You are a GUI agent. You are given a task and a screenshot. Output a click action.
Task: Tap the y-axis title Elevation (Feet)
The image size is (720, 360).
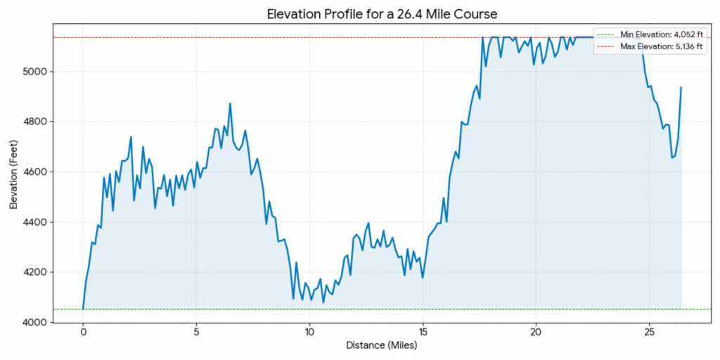point(14,172)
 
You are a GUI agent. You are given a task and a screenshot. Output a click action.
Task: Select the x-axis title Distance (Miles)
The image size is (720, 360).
point(382,346)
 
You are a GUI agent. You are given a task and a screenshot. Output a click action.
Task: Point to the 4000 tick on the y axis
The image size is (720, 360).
point(37,323)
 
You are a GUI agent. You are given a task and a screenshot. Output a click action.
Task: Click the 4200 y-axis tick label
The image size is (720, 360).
point(37,273)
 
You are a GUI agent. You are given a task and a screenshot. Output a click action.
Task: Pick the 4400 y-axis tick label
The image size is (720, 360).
point(37,222)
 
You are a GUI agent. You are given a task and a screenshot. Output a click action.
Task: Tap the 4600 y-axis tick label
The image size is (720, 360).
point(37,172)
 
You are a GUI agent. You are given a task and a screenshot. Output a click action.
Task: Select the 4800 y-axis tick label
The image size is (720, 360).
point(37,122)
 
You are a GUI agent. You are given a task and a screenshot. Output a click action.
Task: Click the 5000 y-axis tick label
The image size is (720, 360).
point(37,72)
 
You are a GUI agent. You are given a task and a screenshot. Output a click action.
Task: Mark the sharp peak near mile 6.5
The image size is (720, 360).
point(230,104)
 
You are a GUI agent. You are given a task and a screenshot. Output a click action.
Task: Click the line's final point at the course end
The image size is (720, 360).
point(681,87)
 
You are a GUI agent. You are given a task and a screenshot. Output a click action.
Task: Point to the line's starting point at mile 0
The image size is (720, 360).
point(83,309)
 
